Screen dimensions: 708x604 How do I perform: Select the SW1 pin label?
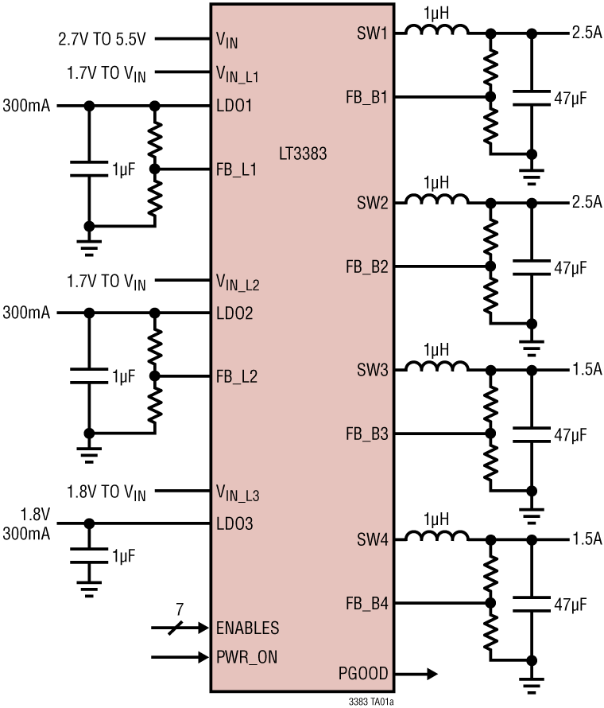(x=373, y=33)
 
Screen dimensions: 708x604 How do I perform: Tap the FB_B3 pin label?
(x=366, y=434)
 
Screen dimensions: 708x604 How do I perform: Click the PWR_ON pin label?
(x=247, y=658)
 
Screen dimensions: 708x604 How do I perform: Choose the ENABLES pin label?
(x=248, y=628)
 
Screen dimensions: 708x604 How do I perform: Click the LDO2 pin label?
(x=234, y=313)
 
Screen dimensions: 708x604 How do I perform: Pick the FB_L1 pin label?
(x=236, y=169)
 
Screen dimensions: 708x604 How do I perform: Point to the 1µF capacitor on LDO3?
(x=88, y=554)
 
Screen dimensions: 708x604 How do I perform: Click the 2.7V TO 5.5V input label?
(x=106, y=37)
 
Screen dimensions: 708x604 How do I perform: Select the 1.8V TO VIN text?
(x=106, y=492)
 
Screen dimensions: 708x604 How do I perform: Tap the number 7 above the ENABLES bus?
(x=180, y=609)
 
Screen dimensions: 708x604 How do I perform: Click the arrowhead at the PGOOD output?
(x=430, y=674)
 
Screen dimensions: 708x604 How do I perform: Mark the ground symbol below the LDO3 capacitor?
(x=88, y=590)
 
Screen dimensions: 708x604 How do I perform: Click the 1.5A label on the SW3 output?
(x=586, y=370)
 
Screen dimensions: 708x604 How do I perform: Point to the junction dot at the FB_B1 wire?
(x=490, y=97)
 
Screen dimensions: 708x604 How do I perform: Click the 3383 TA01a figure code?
(x=371, y=702)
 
